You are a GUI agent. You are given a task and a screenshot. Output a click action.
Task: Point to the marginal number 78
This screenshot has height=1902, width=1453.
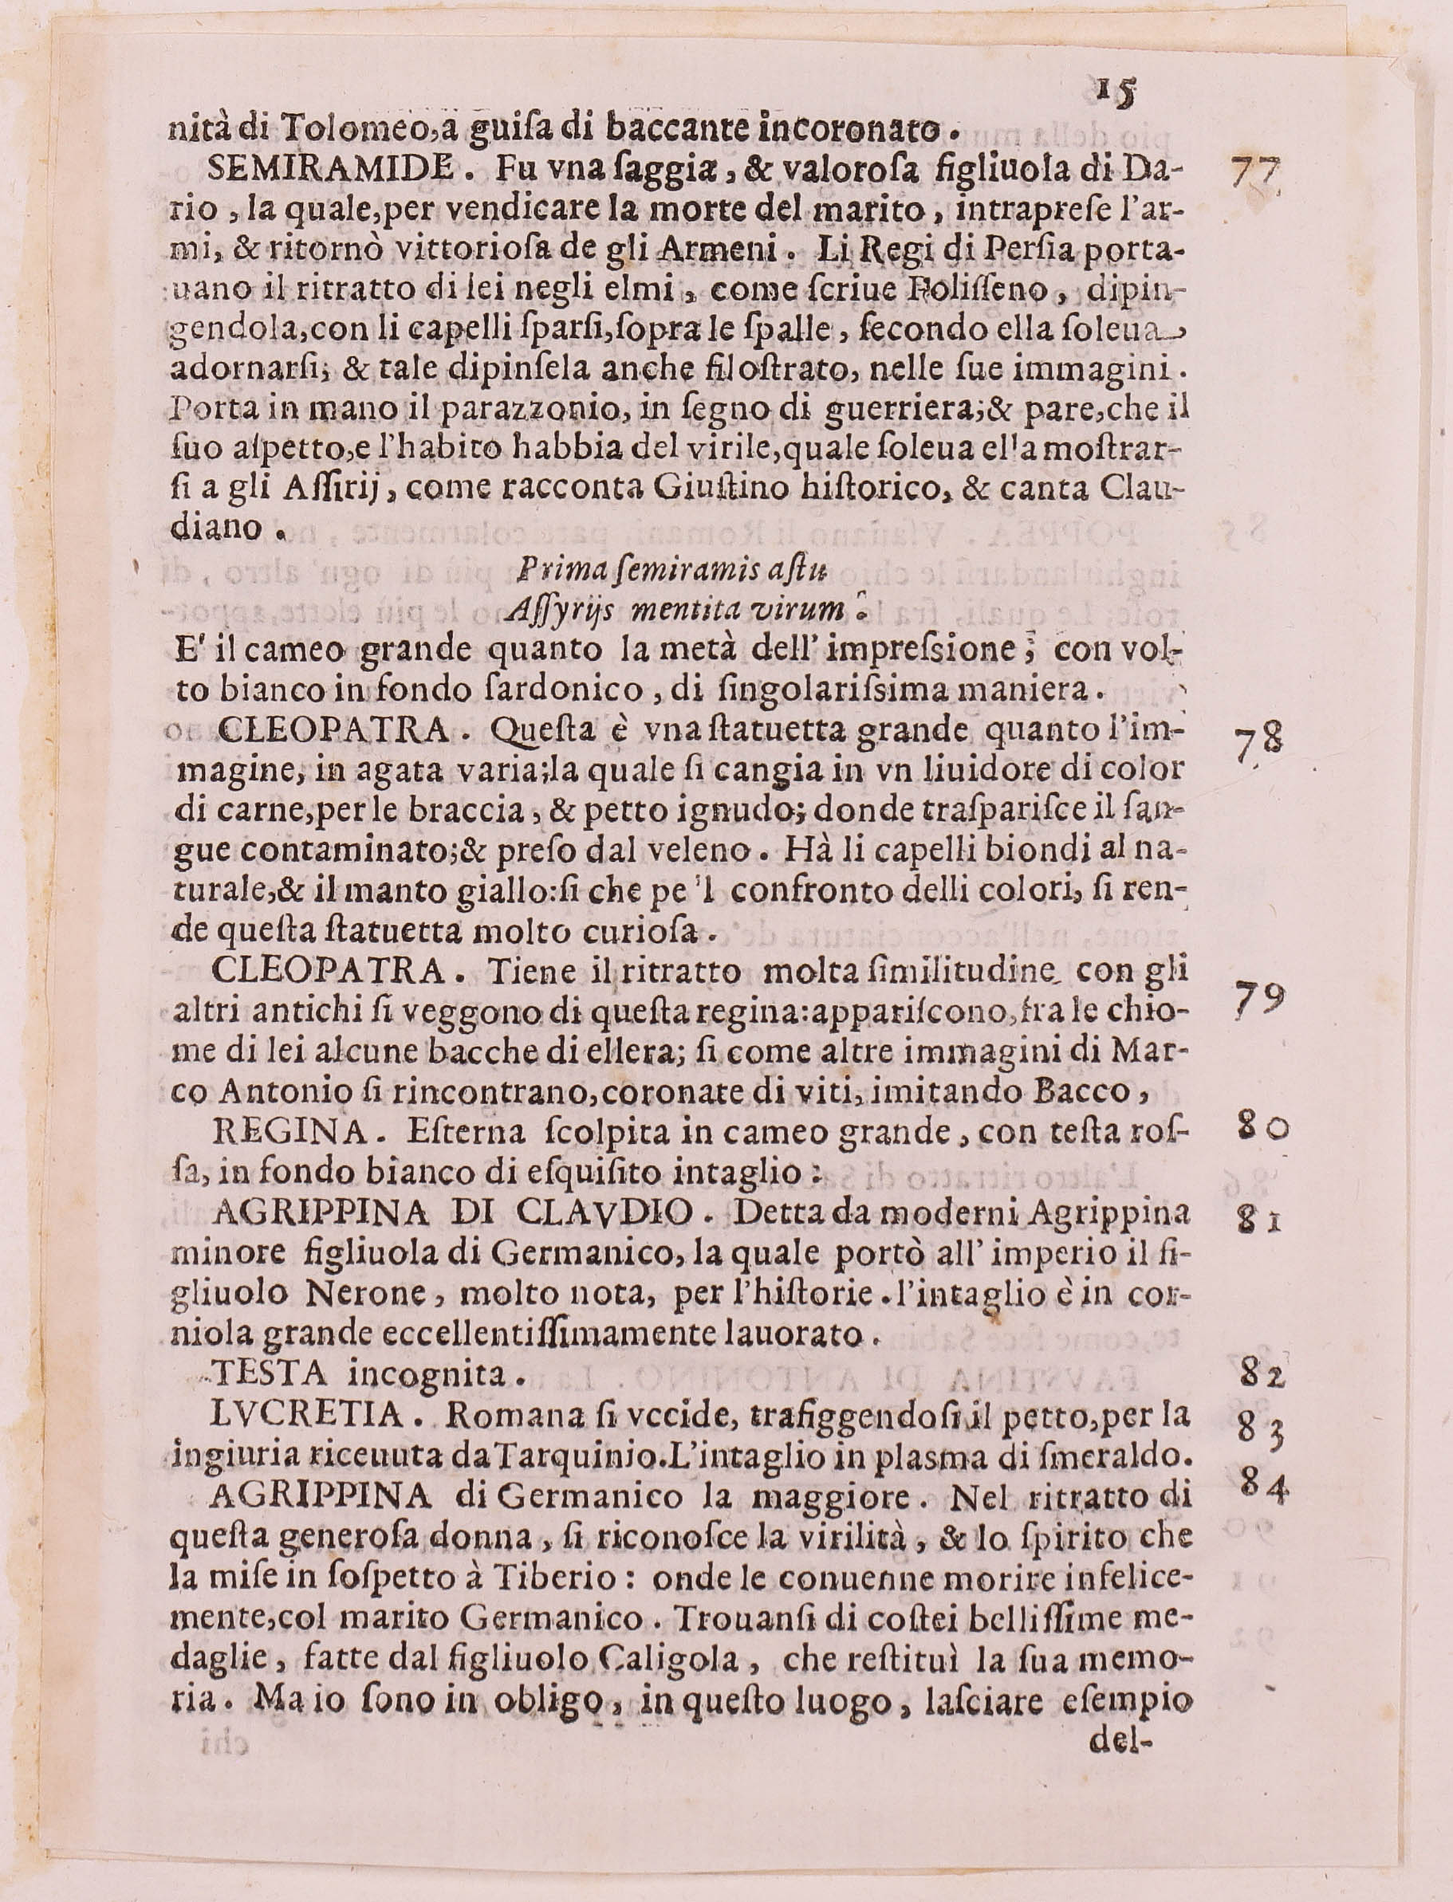[x=1258, y=743]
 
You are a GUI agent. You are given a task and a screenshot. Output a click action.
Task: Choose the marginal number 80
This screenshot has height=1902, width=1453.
[x=1263, y=1129]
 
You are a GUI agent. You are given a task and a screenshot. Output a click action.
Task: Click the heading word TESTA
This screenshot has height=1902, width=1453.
[x=269, y=1373]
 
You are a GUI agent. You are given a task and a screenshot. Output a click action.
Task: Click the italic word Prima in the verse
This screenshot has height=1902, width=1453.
[x=551, y=570]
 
